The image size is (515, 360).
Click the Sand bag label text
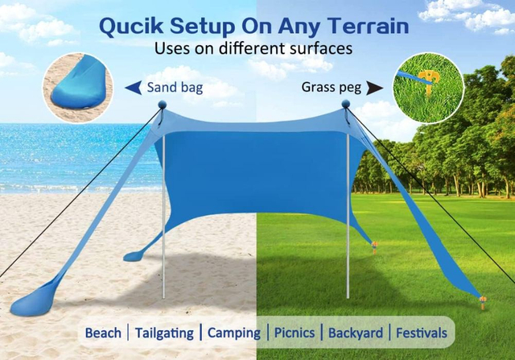[175, 87]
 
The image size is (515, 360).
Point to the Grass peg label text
[331, 87]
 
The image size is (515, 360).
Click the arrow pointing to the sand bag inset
[133, 87]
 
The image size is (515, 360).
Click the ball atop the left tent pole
[162, 105]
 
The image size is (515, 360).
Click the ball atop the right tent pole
[346, 105]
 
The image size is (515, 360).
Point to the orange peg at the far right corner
[484, 304]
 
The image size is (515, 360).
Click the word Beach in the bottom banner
[103, 333]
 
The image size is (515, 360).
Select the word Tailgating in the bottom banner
[164, 333]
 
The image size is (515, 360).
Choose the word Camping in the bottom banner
[234, 333]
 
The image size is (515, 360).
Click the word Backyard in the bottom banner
[355, 333]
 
